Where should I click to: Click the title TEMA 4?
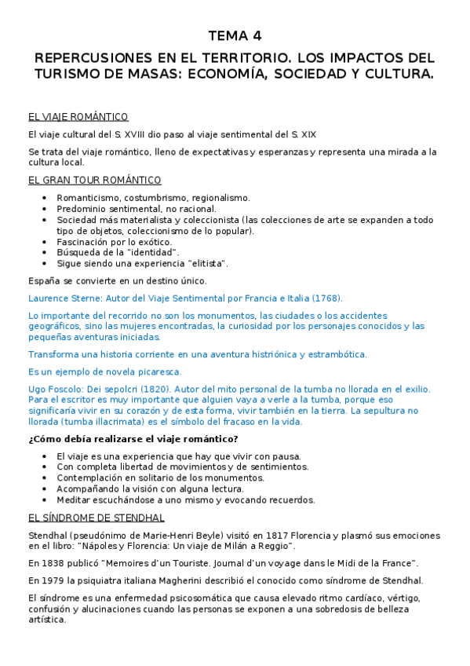click(235, 36)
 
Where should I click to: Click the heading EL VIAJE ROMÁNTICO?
click(78, 117)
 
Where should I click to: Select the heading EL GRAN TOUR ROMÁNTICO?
click(94, 180)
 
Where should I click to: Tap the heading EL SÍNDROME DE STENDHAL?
click(96, 518)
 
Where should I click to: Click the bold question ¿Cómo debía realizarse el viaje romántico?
click(133, 438)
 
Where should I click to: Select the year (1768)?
click(325, 298)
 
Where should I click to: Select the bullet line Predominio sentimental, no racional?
click(137, 209)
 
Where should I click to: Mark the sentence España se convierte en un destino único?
click(117, 280)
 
